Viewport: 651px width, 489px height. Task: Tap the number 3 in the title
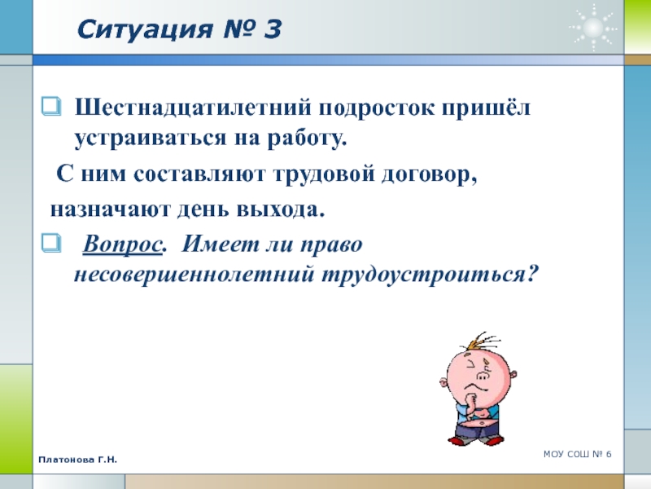point(272,29)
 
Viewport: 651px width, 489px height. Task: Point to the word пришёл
point(486,108)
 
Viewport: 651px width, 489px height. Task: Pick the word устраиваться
point(151,139)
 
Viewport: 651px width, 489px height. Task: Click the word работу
point(307,139)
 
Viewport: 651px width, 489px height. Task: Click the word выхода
point(281,209)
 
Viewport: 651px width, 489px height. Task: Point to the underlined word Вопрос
point(122,244)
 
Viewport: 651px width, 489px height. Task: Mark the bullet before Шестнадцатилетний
point(51,107)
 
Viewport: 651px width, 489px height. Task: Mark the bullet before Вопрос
point(51,243)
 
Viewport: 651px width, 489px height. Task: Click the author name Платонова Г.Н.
point(78,460)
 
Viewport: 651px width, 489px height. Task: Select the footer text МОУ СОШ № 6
point(578,454)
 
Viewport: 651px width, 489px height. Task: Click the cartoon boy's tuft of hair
point(482,341)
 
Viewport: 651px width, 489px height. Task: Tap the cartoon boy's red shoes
point(476,439)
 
